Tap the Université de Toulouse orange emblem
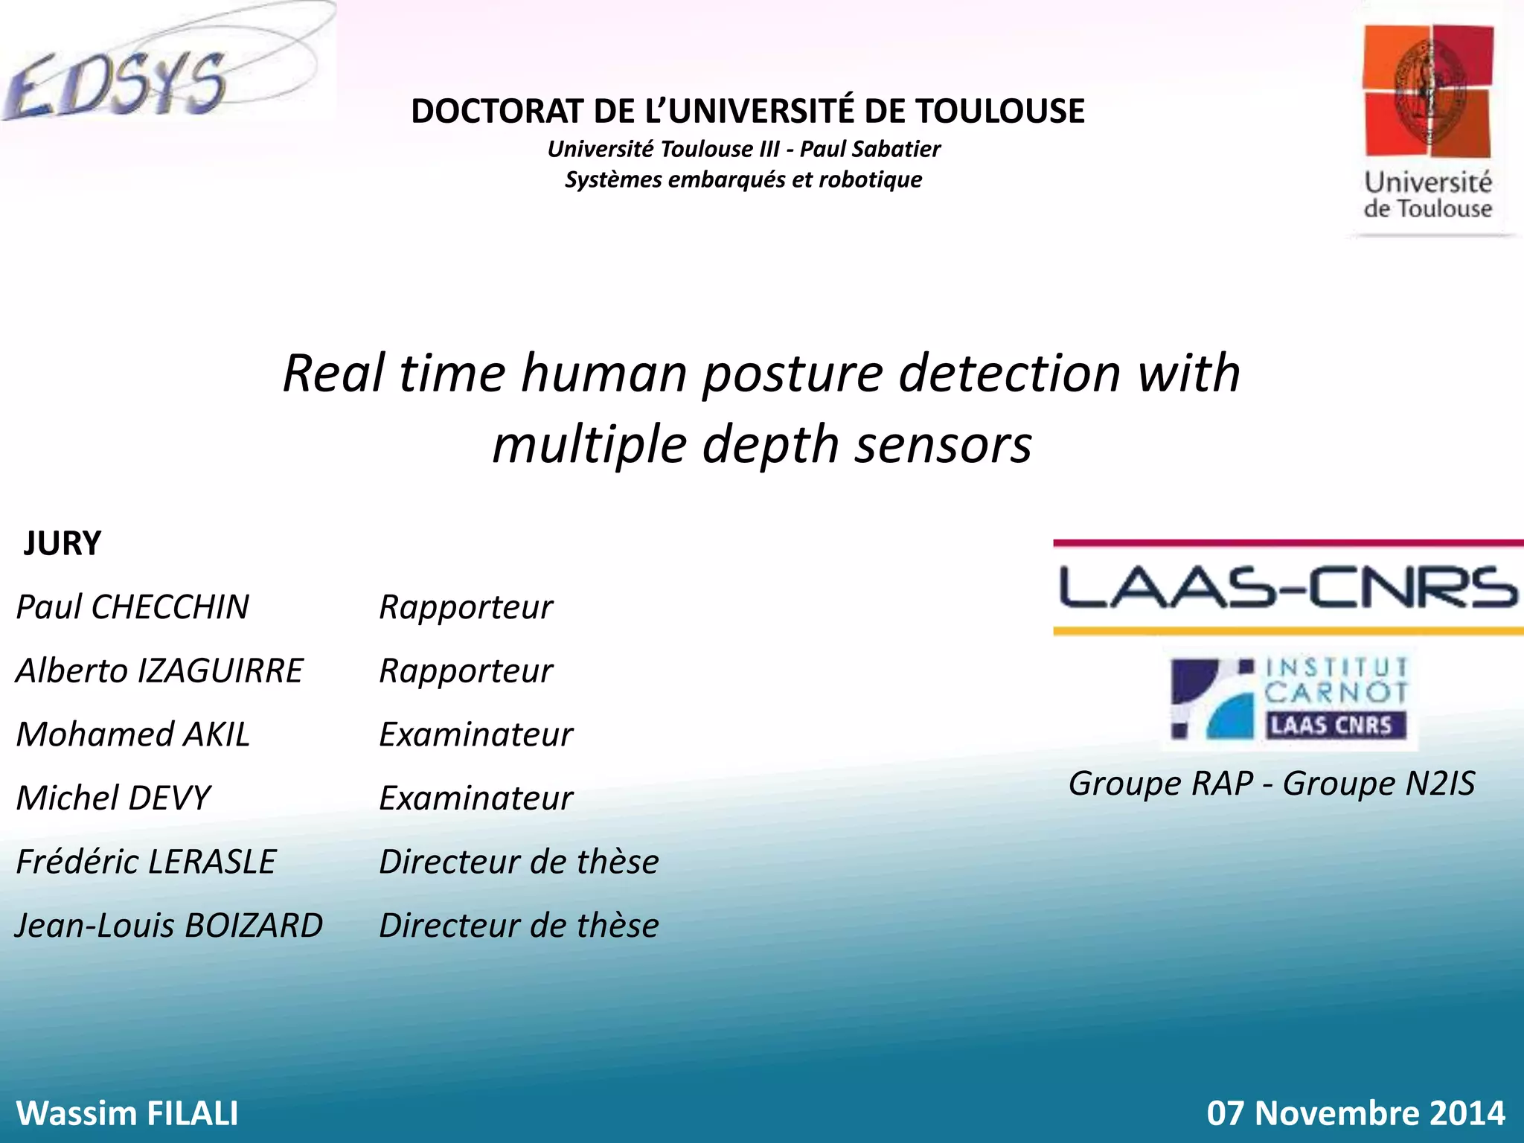pyautogui.click(x=1427, y=91)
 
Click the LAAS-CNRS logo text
pyautogui.click(x=1287, y=587)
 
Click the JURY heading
pyautogui.click(x=63, y=543)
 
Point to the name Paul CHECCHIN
pyautogui.click(x=132, y=607)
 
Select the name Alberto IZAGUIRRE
pyautogui.click(x=159, y=670)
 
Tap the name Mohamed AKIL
pyautogui.click(x=132, y=734)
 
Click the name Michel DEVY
pyautogui.click(x=113, y=798)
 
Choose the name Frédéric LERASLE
pyautogui.click(x=146, y=862)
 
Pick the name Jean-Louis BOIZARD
pyautogui.click(x=169, y=926)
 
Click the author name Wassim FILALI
pyautogui.click(x=127, y=1113)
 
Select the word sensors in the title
pyautogui.click(x=943, y=444)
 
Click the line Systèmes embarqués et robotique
pyautogui.click(x=743, y=179)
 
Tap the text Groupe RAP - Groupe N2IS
pyautogui.click(x=1272, y=783)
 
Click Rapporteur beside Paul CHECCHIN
pyautogui.click(x=466, y=607)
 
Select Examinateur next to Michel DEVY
pyautogui.click(x=476, y=798)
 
